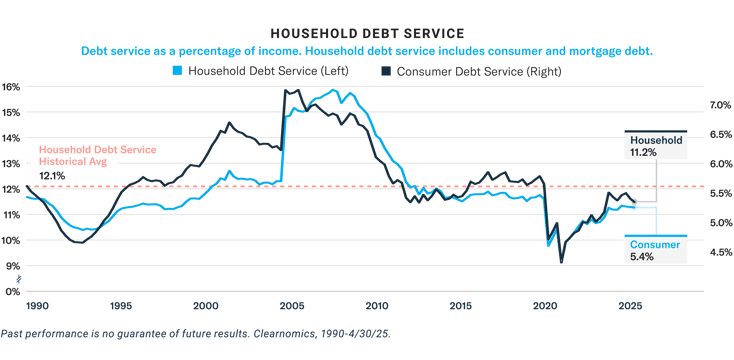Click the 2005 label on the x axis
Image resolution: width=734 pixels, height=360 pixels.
290,305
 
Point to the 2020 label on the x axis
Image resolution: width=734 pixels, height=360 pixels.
545,305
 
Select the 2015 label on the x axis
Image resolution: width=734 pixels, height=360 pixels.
460,305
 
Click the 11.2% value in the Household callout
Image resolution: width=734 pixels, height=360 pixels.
642,153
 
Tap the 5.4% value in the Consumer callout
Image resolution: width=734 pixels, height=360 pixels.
640,257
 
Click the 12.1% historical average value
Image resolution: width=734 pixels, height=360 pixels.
52,176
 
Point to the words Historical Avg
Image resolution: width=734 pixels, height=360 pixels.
64,162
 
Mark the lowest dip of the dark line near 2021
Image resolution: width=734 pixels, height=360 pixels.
562,262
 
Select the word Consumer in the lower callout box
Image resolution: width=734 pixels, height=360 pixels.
654,244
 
